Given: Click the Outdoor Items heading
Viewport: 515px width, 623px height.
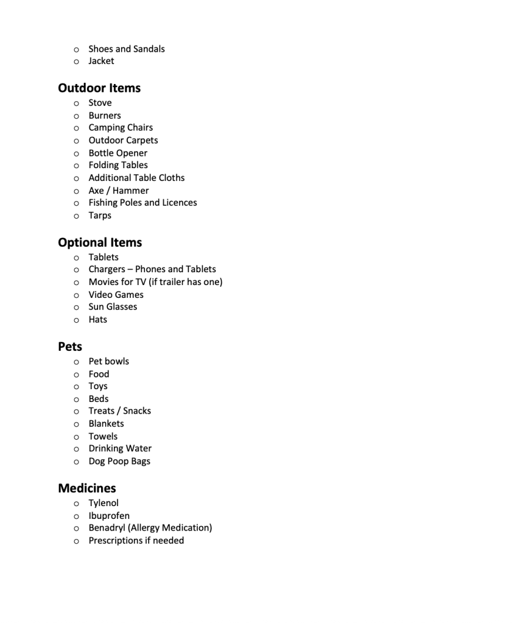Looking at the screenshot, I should click(x=99, y=88).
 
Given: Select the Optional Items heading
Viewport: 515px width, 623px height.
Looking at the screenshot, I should click(x=100, y=242).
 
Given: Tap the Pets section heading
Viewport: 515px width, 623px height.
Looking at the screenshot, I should click(x=70, y=347).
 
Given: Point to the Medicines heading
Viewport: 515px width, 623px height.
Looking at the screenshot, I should click(x=87, y=488).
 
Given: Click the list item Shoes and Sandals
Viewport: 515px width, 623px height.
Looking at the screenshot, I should click(x=127, y=49).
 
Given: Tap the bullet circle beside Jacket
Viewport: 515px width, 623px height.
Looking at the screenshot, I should click(x=76, y=62).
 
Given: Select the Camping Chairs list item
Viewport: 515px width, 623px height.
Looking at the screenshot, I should click(x=121, y=128).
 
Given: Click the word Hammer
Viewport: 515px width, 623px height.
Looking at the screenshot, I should click(x=131, y=191).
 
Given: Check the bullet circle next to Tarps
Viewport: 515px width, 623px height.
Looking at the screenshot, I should click(x=76, y=216).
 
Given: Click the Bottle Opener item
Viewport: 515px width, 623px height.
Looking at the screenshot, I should click(x=118, y=153).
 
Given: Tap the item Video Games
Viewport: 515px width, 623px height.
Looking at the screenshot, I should click(x=116, y=295).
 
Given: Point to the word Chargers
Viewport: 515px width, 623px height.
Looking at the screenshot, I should click(x=107, y=269).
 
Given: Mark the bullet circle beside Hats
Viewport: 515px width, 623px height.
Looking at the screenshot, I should click(x=76, y=320).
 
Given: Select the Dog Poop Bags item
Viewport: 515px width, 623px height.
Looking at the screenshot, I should click(x=119, y=461).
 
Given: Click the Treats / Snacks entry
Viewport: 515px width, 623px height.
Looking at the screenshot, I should click(x=120, y=411).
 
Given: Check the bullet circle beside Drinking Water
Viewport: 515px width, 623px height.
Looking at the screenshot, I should click(x=76, y=449).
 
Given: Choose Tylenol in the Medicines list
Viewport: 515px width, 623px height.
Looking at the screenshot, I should click(x=103, y=503).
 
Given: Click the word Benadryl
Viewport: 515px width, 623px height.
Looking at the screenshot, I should click(x=107, y=528).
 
